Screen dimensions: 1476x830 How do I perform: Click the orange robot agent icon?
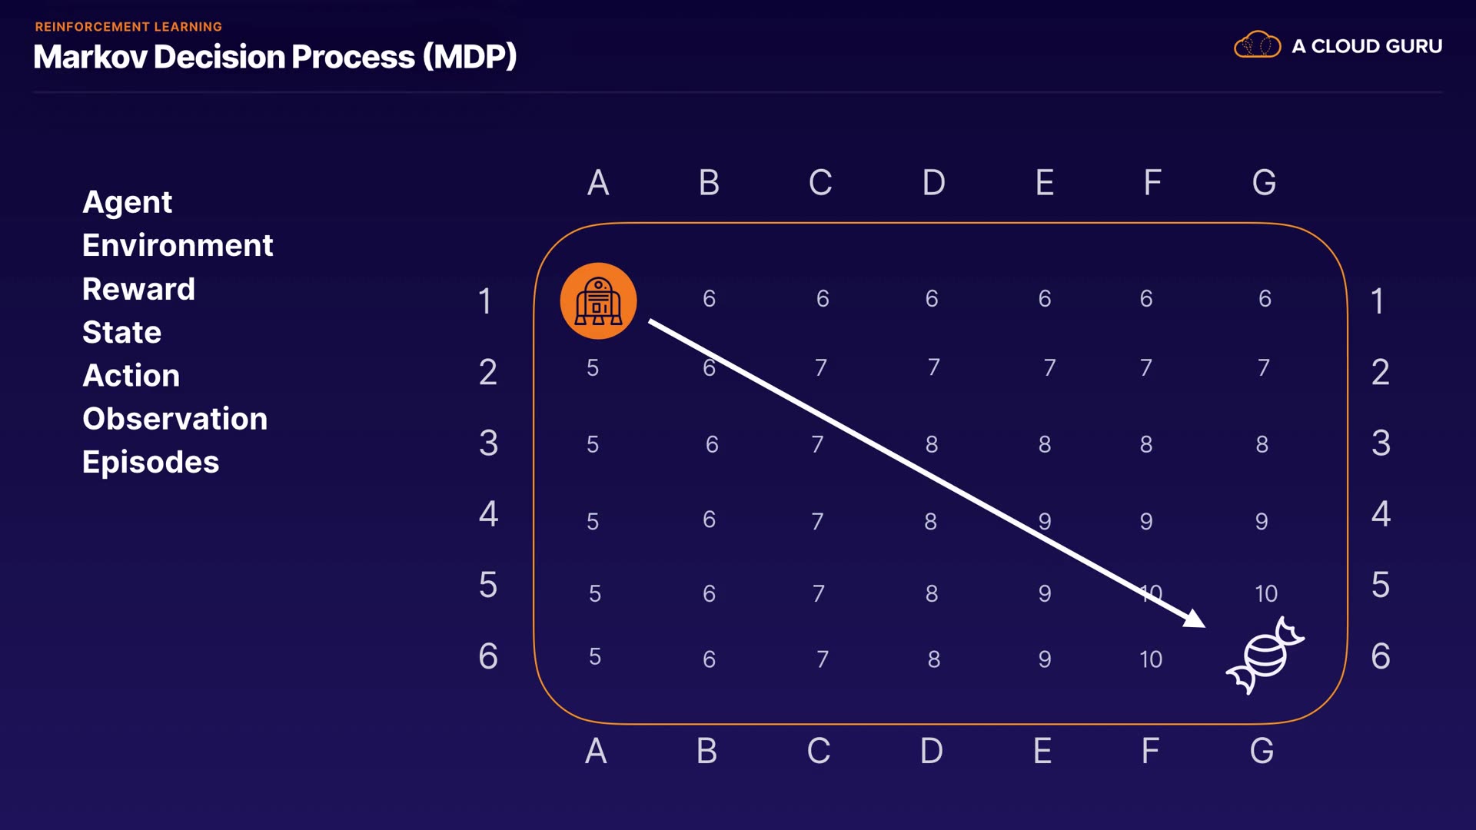598,301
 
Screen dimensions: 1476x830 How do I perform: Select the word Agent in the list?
127,202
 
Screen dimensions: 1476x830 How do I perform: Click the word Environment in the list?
178,245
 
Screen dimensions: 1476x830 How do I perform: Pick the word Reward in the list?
138,289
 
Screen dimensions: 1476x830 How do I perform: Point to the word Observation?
175,419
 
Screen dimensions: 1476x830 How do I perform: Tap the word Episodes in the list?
151,462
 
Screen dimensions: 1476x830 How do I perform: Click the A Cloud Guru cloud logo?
1257,45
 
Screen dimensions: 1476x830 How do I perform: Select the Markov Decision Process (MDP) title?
274,57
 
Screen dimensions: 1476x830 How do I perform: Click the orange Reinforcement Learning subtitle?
128,27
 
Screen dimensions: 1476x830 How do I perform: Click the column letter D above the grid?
933,183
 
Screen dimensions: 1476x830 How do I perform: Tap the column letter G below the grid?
1262,751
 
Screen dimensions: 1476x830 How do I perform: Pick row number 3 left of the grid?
488,443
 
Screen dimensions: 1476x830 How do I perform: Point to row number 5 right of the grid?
1381,585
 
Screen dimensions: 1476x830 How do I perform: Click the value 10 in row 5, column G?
1265,593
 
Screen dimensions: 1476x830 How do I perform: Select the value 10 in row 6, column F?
1150,659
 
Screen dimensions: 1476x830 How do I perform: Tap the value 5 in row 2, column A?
593,368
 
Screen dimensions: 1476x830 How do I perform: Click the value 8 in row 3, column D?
932,444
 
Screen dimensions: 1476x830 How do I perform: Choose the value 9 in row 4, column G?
1262,522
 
